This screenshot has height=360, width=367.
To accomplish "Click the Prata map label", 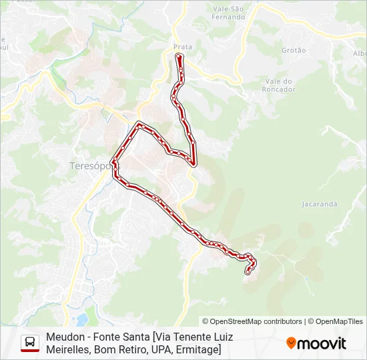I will (182, 47).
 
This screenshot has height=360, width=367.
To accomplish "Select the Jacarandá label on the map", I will (320, 203).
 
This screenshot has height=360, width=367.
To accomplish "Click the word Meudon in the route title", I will (65, 337).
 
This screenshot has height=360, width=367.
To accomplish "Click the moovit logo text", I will (322, 343).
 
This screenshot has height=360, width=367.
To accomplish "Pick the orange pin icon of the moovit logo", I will (291, 343).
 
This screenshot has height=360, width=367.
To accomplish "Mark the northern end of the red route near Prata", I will (179, 58).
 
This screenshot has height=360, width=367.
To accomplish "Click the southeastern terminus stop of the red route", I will (248, 271).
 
